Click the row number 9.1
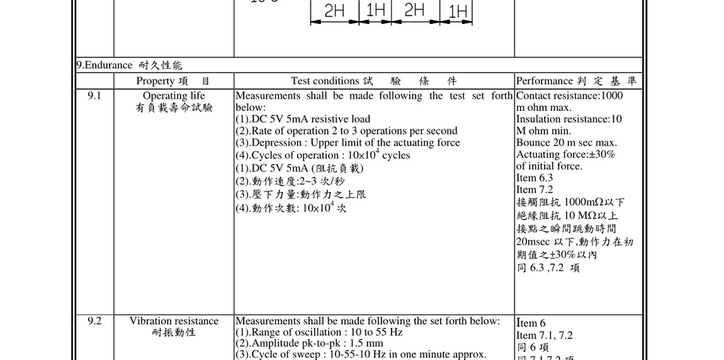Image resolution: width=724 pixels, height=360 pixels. (x=94, y=96)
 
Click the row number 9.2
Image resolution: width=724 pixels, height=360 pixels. (x=94, y=321)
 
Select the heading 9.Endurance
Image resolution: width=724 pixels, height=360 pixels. (x=105, y=65)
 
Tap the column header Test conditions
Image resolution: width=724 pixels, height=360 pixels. (x=325, y=81)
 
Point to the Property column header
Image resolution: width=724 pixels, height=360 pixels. (x=155, y=81)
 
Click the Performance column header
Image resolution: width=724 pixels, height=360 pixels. (x=545, y=81)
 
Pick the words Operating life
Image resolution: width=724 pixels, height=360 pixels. (x=174, y=96)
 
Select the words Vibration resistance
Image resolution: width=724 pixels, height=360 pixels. (x=174, y=321)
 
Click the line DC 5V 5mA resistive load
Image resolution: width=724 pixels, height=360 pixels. (x=303, y=119)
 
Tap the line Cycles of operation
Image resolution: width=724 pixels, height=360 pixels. (x=322, y=155)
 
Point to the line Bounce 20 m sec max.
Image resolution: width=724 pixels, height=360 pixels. (x=567, y=143)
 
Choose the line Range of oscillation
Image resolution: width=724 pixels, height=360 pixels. (x=319, y=332)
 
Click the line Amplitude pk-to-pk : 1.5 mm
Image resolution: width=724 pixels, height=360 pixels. (x=309, y=344)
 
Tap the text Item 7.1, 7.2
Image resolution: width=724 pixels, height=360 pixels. (x=545, y=335)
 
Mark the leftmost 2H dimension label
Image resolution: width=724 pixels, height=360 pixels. (x=334, y=11)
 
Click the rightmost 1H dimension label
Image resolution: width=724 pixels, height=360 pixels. (x=458, y=11)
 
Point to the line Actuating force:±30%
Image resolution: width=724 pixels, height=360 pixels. (x=565, y=154)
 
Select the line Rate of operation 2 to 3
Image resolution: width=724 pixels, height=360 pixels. (x=346, y=131)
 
